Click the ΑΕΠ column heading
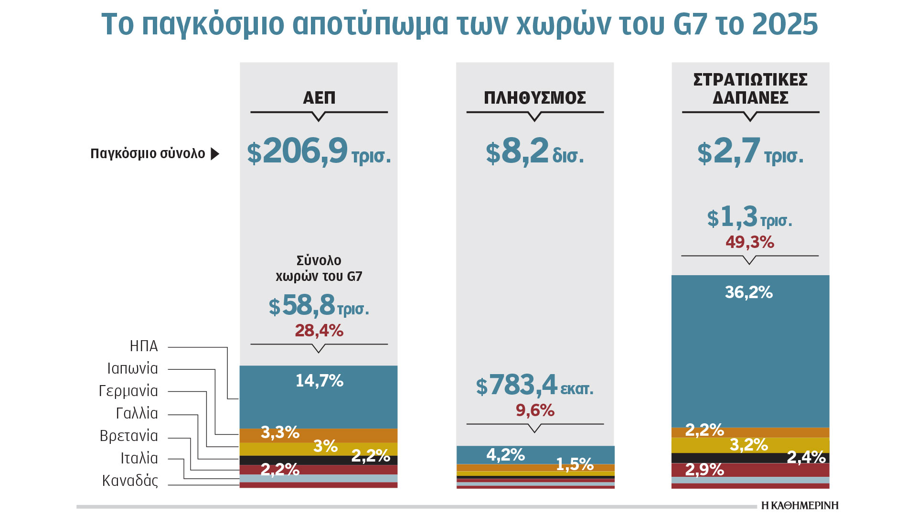(319, 98)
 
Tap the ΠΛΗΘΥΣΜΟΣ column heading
(535, 98)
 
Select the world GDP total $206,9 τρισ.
(319, 152)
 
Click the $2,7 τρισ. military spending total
(750, 152)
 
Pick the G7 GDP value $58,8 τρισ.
(319, 306)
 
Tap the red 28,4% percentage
(319, 331)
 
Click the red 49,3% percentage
(750, 242)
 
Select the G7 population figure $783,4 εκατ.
(534, 386)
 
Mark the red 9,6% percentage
(535, 410)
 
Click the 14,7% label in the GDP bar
(319, 381)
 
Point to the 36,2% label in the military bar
(749, 292)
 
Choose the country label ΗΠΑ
(144, 346)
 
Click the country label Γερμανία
(128, 391)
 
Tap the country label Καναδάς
(130, 481)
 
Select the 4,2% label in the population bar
(505, 454)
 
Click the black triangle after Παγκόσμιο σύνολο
(215, 154)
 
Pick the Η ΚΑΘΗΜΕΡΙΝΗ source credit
(800, 505)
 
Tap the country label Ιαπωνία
(132, 368)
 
